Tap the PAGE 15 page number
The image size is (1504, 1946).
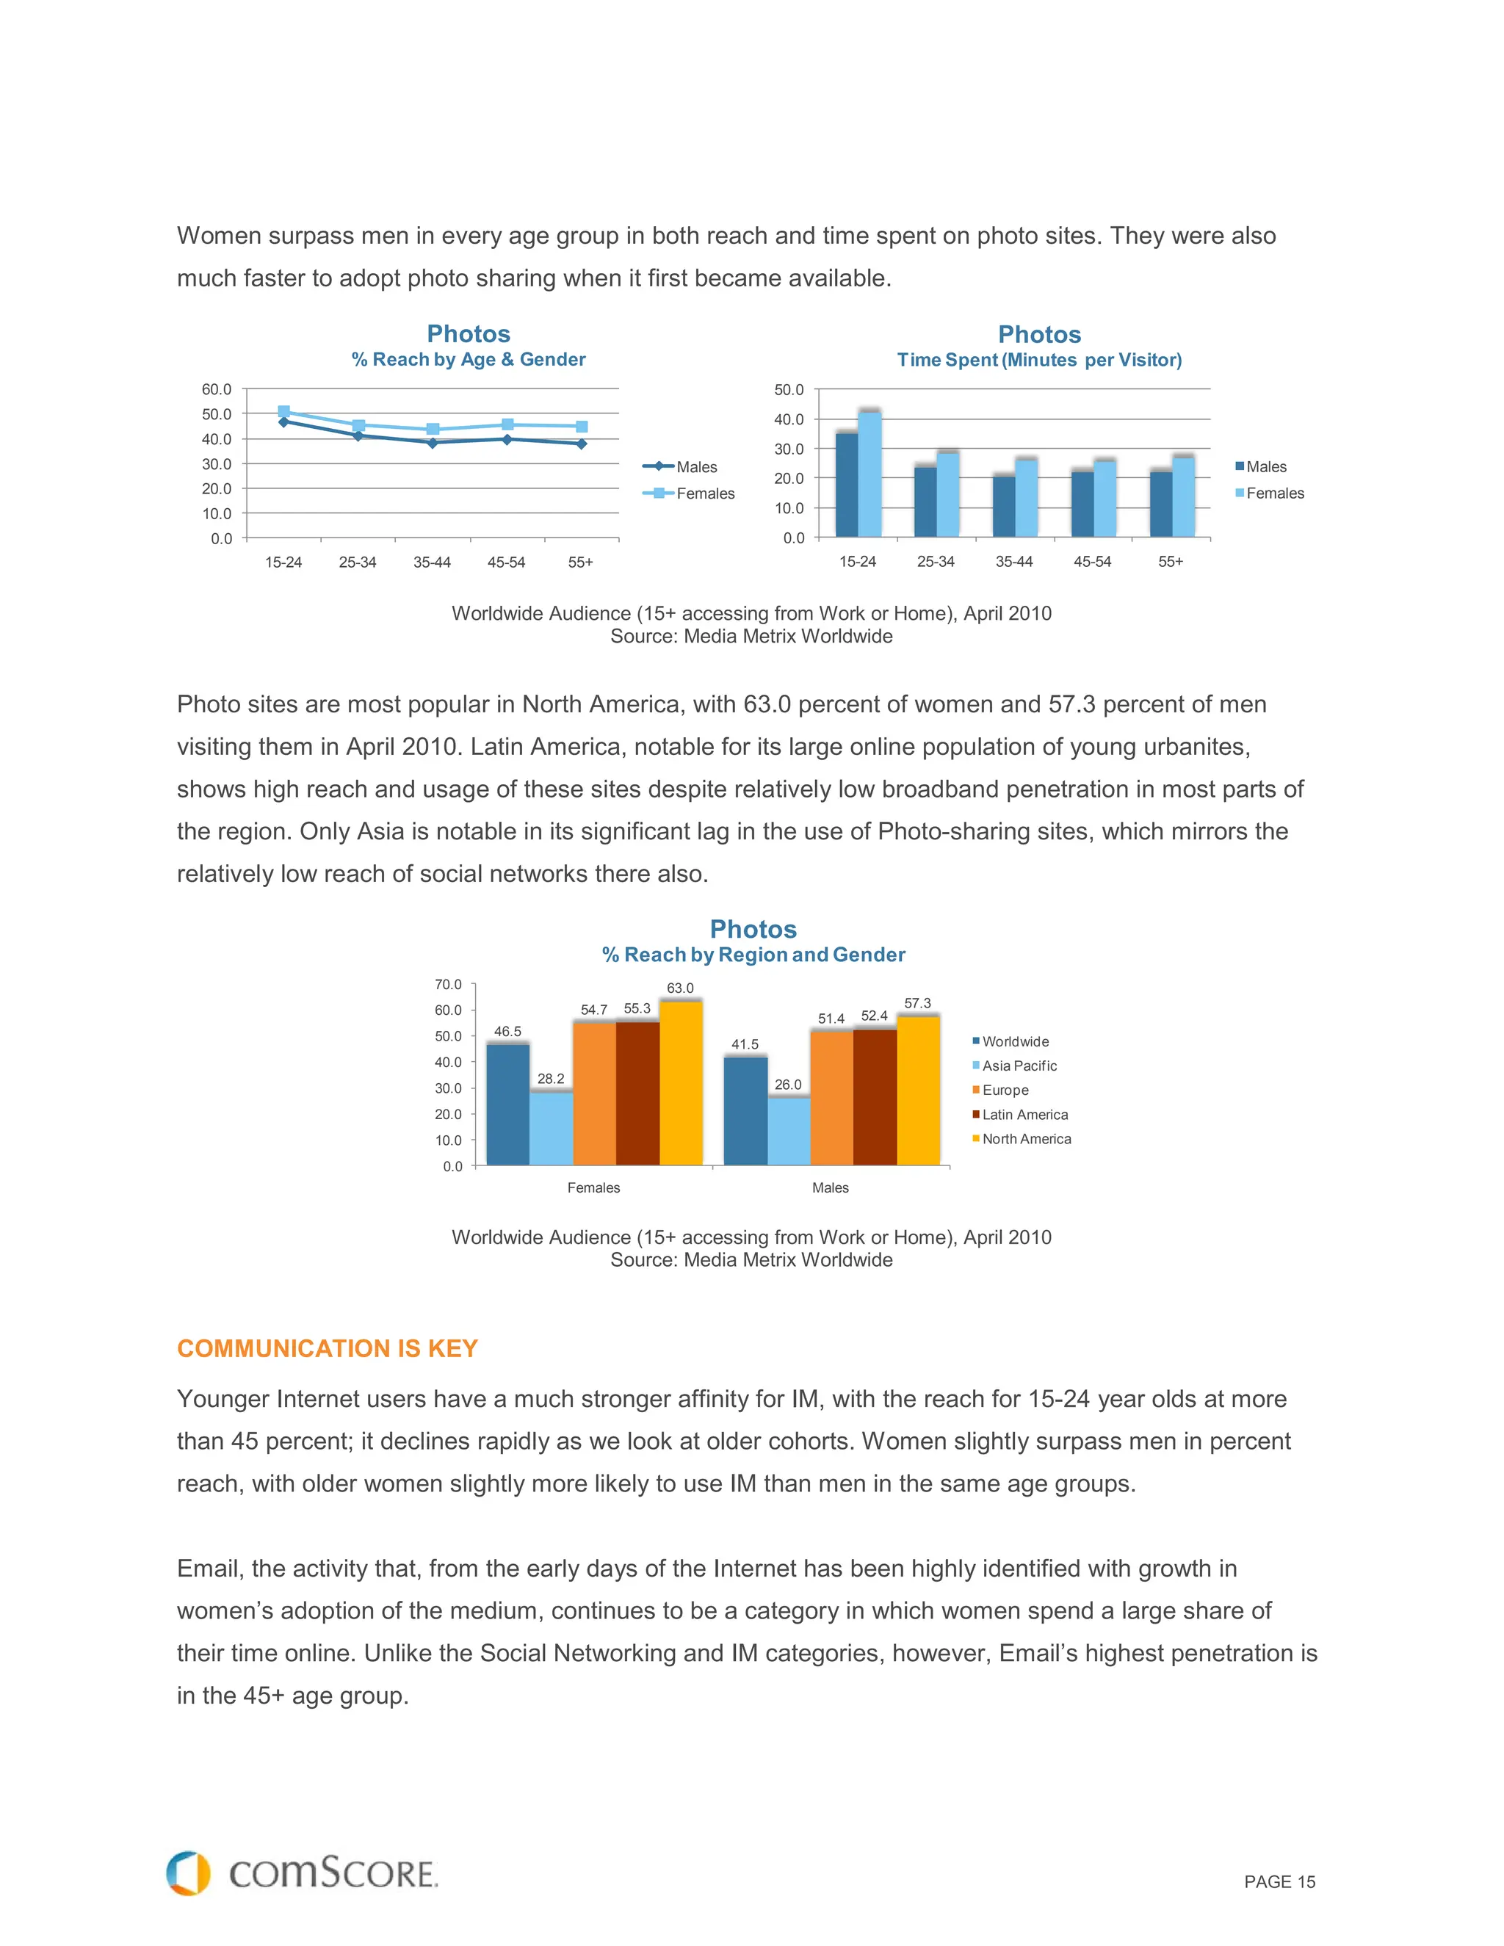[1279, 1882]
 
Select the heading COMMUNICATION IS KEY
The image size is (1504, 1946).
[327, 1348]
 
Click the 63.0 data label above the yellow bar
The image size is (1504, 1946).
[680, 988]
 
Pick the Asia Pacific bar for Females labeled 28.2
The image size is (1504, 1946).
[551, 1128]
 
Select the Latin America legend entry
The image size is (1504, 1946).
[1024, 1115]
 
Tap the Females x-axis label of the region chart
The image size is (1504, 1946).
[593, 1187]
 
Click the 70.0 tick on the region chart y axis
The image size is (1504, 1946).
[448, 985]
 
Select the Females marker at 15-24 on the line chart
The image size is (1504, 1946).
[283, 412]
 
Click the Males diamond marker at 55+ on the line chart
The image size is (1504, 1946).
[581, 444]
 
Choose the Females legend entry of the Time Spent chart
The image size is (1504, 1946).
[1271, 493]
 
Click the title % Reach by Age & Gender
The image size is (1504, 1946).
[468, 359]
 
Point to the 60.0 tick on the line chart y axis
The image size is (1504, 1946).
[217, 389]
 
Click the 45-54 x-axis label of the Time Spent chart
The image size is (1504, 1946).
[1091, 561]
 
